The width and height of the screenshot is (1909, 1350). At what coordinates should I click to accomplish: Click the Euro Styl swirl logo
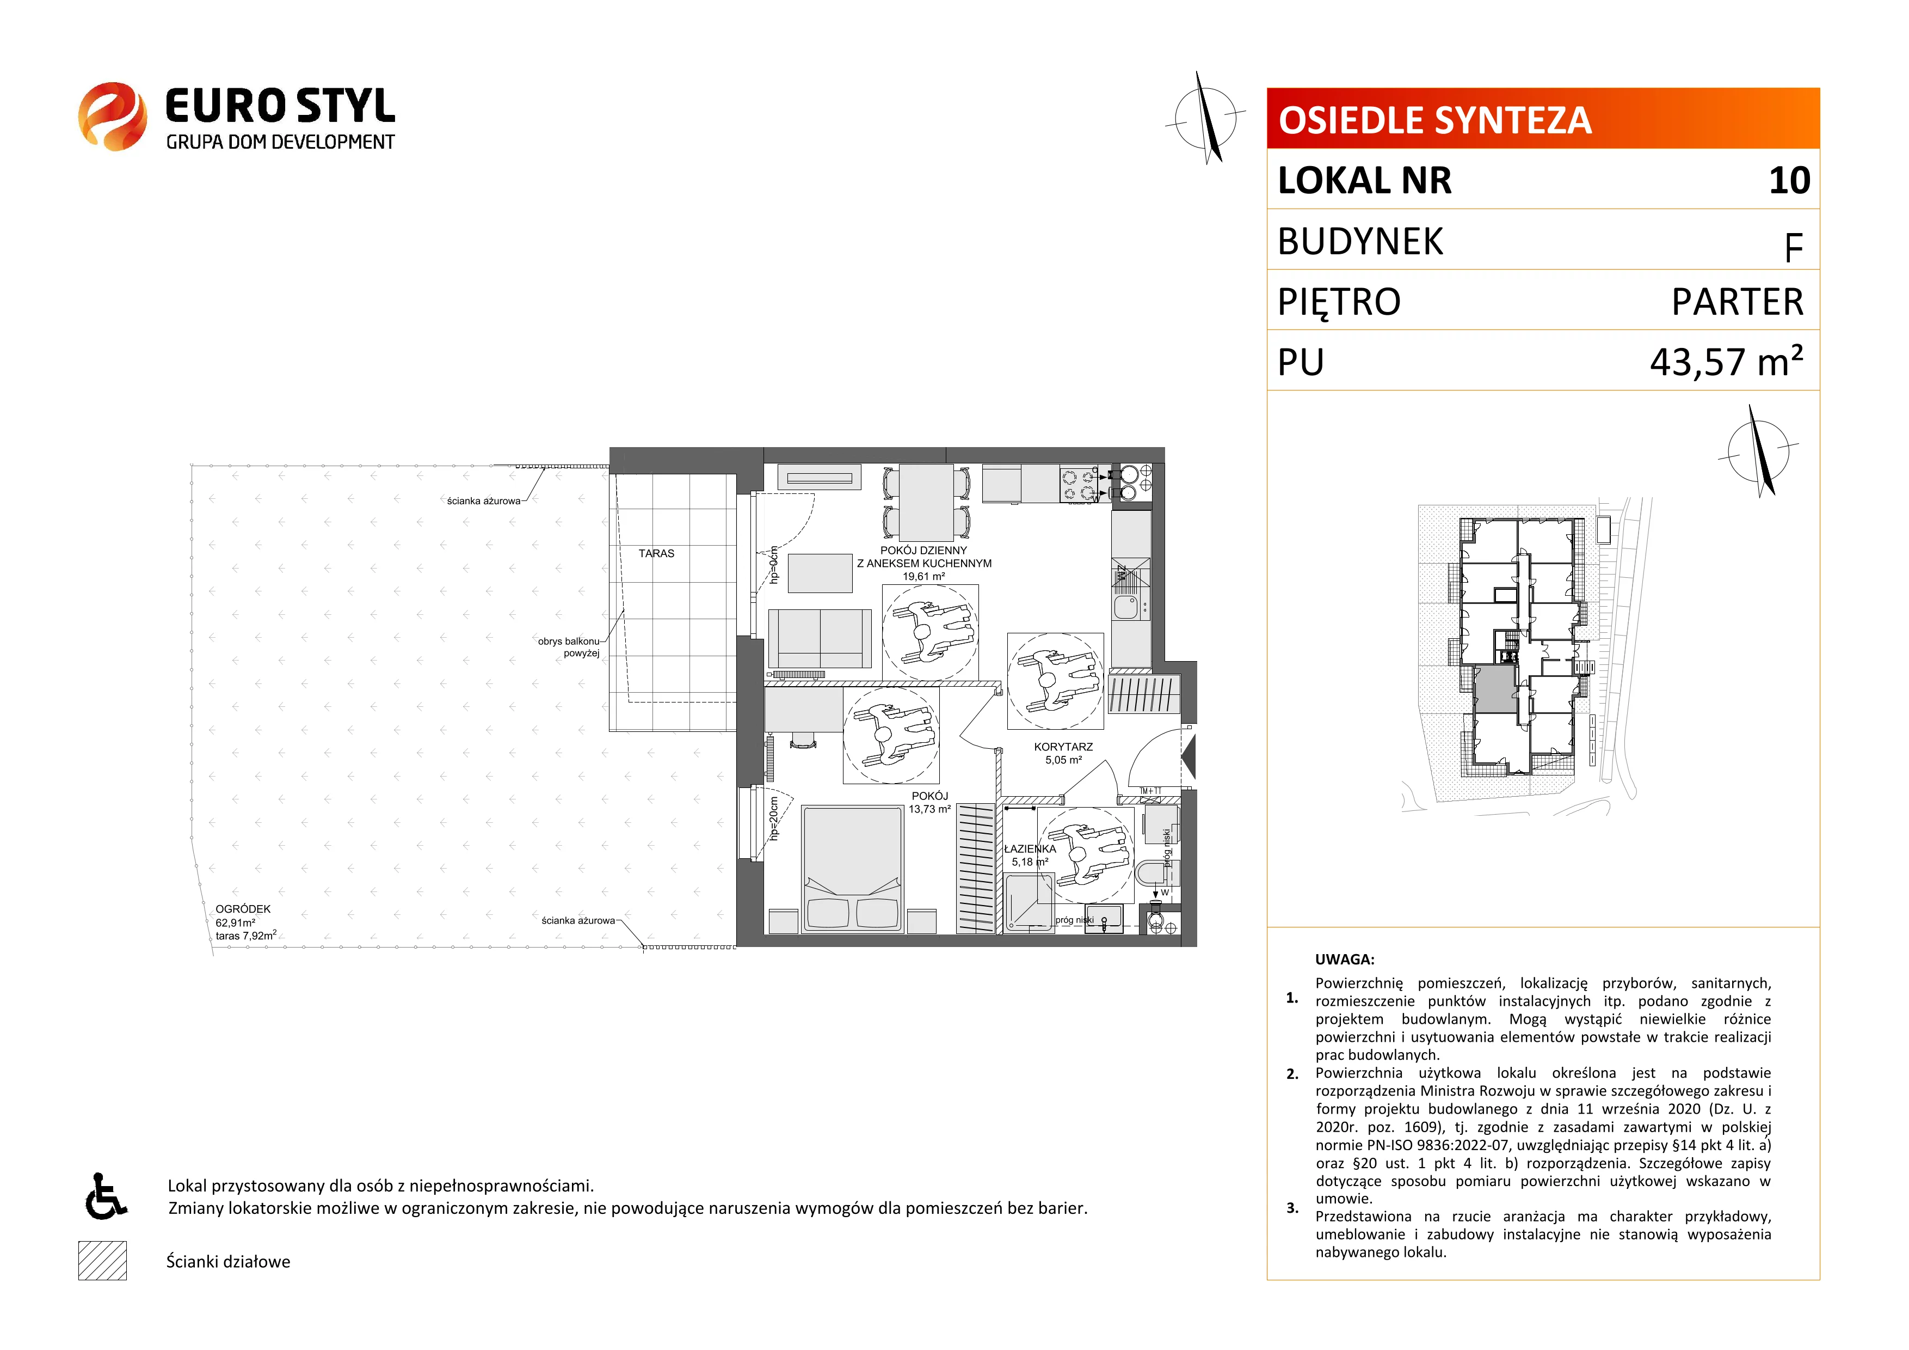tap(112, 117)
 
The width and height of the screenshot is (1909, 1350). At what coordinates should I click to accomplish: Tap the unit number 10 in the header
tap(1789, 180)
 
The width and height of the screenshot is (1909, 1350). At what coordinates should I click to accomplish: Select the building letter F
tap(1794, 248)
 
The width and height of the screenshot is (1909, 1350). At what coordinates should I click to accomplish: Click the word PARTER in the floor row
tap(1738, 301)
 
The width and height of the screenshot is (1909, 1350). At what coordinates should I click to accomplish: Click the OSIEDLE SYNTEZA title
tap(1435, 120)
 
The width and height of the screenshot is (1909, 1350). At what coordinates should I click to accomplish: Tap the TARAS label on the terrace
tap(656, 553)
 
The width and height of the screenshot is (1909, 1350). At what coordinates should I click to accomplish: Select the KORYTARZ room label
tap(1063, 747)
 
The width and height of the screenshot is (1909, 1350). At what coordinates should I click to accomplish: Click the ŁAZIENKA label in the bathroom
tap(1030, 849)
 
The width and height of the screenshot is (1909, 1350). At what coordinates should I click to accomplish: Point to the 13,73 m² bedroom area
tap(929, 809)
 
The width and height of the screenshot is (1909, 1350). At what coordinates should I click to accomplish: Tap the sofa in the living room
tap(820, 638)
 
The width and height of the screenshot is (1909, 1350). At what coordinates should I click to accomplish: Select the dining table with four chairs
tap(926, 503)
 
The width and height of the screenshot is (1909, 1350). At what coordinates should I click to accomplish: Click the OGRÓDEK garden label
tap(243, 909)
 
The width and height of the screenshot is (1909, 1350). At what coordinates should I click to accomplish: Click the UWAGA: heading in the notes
tap(1345, 959)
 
